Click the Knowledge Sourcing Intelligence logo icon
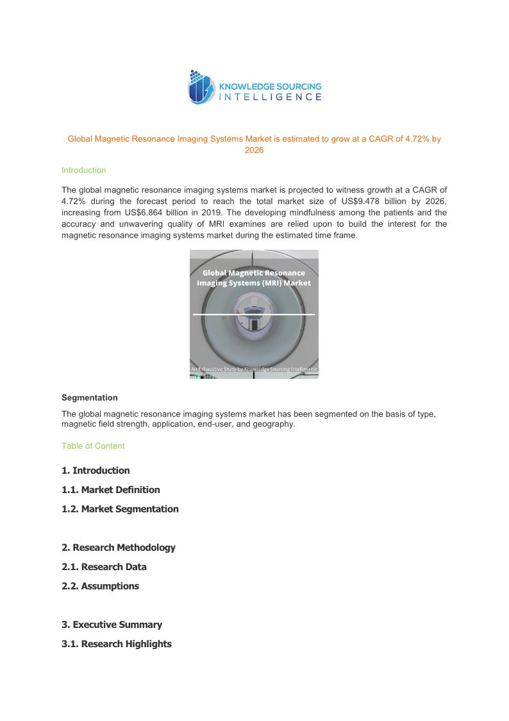click(201, 87)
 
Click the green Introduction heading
click(83, 170)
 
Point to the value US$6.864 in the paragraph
click(133, 212)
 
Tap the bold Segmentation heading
click(89, 397)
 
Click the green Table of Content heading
click(93, 446)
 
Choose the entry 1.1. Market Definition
click(111, 490)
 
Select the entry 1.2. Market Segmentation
click(120, 509)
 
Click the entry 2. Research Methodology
click(118, 548)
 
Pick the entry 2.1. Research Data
click(104, 567)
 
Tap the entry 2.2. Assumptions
click(100, 586)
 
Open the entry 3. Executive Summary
click(112, 625)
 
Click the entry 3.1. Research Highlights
click(117, 644)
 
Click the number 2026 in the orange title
click(254, 150)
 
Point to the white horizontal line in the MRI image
click(254, 315)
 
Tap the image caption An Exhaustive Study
click(254, 369)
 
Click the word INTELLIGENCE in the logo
click(271, 97)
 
